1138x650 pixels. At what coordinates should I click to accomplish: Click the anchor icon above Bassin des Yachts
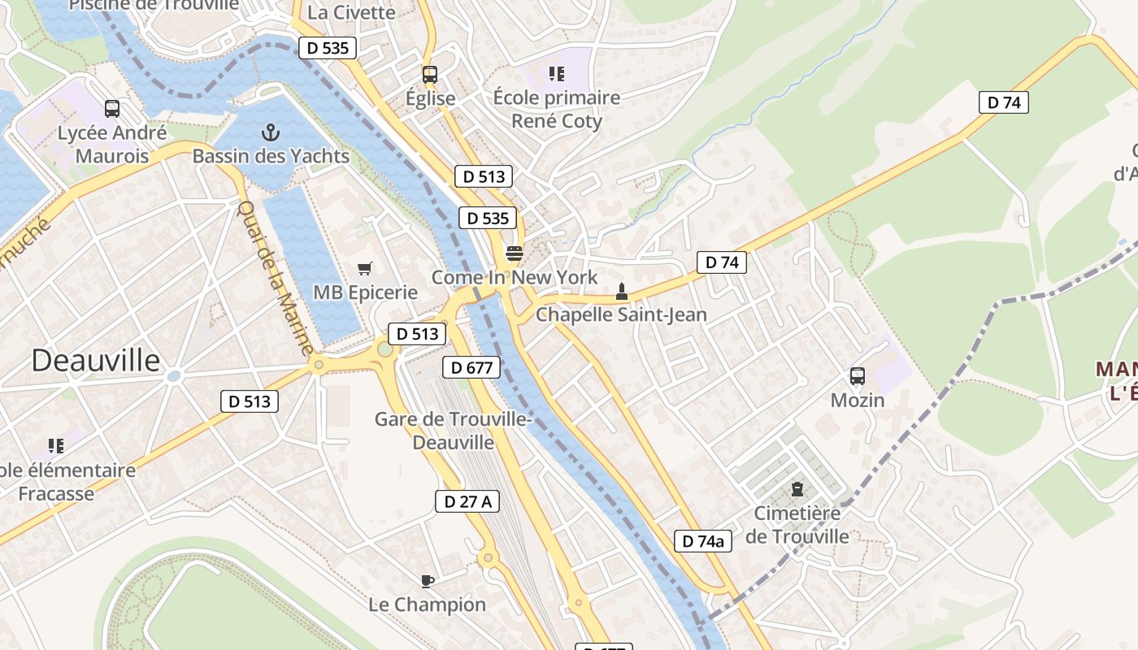coord(271,132)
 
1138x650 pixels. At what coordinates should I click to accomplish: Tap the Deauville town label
coord(96,361)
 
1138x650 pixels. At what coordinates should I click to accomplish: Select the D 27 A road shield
coord(468,501)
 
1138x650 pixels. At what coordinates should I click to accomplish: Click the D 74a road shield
coord(703,541)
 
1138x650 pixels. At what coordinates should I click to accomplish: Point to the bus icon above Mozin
coord(858,376)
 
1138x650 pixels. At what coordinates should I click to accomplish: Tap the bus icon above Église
coord(430,75)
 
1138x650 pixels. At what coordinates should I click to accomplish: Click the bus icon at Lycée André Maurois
coord(112,109)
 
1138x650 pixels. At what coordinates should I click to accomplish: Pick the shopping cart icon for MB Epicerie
coord(365,268)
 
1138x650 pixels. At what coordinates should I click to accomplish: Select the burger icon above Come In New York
coord(514,253)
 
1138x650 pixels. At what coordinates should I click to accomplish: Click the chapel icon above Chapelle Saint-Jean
coord(622,292)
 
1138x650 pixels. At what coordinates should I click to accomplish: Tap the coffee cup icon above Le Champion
coord(428,581)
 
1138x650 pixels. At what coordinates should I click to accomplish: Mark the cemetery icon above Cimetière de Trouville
coord(797,490)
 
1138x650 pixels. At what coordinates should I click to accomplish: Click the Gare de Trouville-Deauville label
coord(453,431)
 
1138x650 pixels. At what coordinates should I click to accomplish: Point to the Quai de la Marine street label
coord(274,276)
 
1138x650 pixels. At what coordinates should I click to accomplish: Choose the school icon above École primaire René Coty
coord(557,74)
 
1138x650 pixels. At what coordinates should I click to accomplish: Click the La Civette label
coord(352,12)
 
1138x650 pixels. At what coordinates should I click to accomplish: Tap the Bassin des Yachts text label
coord(271,156)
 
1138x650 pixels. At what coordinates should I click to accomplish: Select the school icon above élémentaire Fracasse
coord(56,445)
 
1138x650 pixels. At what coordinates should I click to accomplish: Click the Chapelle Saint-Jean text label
coord(621,314)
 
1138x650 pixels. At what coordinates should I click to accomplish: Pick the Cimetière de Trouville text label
coord(797,525)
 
